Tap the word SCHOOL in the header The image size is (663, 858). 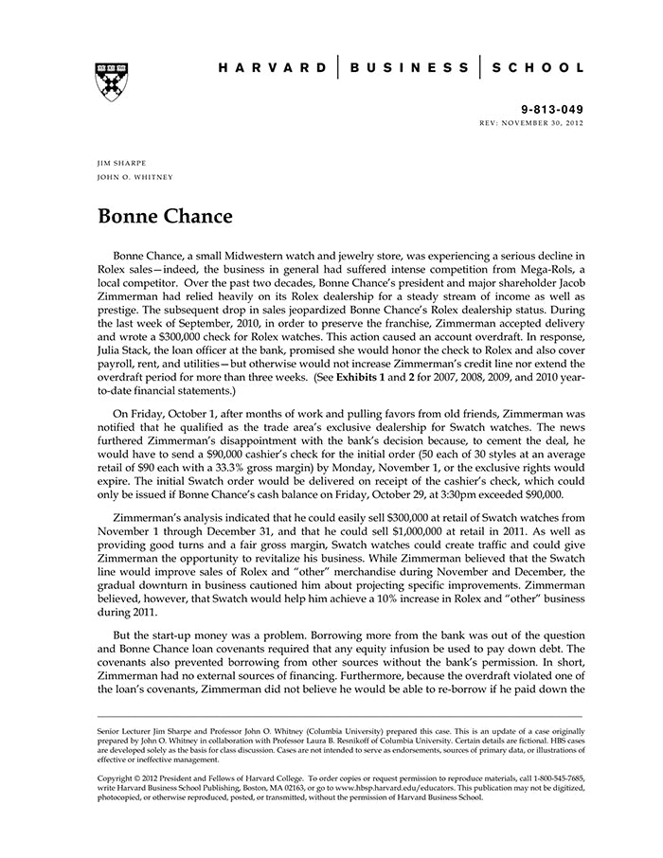tap(540, 68)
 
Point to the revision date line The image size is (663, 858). tap(532, 124)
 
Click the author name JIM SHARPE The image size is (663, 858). tap(121, 164)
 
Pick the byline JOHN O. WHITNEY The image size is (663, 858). tap(135, 177)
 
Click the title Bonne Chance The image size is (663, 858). tap(165, 216)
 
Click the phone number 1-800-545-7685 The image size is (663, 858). tap(551, 777)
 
